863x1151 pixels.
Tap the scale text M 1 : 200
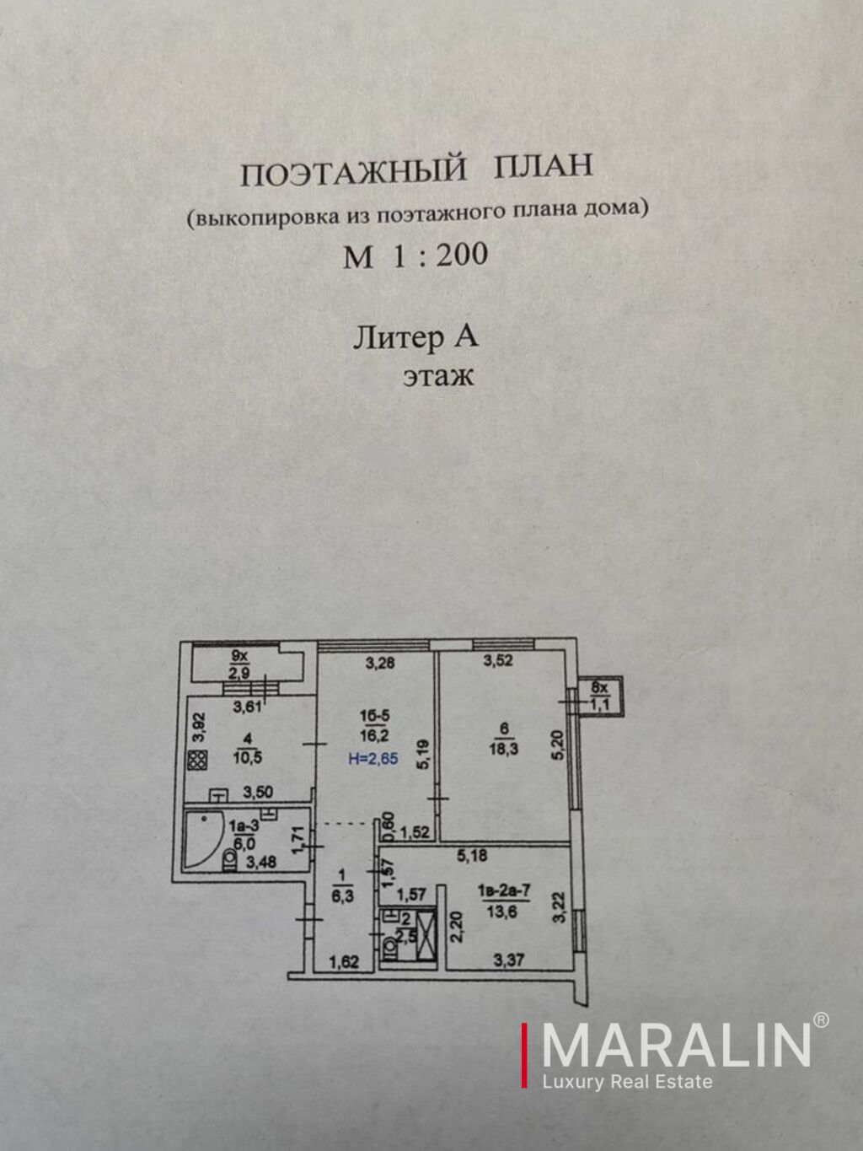[x=415, y=255]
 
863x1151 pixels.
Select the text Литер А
[x=415, y=337]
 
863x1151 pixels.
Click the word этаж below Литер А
[x=438, y=375]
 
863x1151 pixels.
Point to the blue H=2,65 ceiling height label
[x=373, y=759]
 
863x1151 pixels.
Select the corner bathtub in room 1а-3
[x=202, y=840]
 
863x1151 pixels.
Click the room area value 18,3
[x=504, y=748]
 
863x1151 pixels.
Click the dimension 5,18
[x=472, y=857]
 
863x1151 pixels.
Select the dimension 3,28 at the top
[x=379, y=663]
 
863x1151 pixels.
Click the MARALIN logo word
[x=676, y=1045]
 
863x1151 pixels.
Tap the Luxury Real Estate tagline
[x=627, y=1082]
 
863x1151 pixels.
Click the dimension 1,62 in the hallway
[x=344, y=960]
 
